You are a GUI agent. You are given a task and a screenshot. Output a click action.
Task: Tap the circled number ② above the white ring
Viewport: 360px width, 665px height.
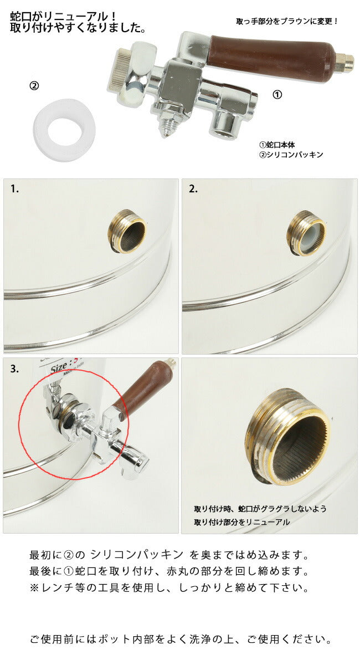[34, 86]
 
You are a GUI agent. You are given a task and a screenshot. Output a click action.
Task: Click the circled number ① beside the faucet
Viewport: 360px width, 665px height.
[277, 95]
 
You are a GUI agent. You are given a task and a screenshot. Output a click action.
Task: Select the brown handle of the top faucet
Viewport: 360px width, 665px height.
[271, 53]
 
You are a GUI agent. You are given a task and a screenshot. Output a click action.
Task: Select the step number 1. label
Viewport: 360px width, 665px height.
[14, 189]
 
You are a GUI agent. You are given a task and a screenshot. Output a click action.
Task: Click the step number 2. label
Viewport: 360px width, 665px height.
[193, 189]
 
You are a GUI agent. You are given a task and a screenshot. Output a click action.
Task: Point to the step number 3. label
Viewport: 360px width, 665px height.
[14, 369]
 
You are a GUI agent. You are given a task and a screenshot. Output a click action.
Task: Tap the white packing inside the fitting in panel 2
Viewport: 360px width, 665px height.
[308, 235]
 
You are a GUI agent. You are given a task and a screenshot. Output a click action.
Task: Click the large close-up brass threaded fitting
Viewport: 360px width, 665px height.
[288, 437]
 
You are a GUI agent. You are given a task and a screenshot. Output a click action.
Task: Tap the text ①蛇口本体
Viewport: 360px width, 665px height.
[277, 145]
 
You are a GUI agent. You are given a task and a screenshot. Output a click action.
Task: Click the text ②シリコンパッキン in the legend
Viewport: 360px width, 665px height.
[291, 155]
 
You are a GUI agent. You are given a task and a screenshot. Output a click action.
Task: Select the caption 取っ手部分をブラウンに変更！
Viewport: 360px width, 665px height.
[287, 22]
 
